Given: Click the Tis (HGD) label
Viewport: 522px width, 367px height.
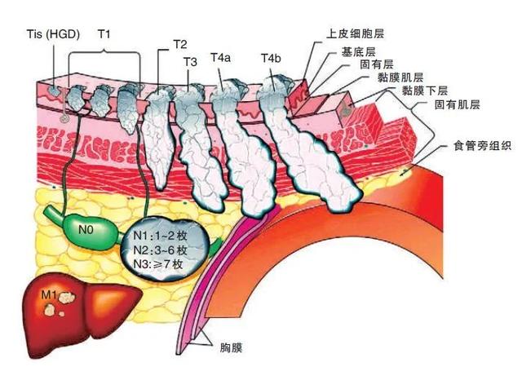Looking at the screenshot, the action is click(x=53, y=34).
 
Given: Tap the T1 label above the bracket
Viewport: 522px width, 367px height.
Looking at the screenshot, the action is click(x=104, y=34).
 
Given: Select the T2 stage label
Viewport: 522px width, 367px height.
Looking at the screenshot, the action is click(x=180, y=45).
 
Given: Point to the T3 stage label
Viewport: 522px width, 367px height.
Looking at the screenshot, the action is click(x=190, y=62).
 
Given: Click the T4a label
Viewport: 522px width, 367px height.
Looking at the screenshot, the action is click(x=220, y=58).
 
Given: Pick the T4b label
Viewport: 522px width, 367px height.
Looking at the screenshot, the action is click(x=271, y=58).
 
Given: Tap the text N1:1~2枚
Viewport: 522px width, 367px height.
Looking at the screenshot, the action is click(x=160, y=236).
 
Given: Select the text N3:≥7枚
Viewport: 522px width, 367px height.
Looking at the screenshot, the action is click(x=158, y=264).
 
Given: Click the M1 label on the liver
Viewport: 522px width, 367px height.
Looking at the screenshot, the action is click(x=49, y=294).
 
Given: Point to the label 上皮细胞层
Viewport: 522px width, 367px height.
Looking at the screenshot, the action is click(x=356, y=34).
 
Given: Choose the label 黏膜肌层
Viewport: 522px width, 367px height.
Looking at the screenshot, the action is click(x=400, y=77).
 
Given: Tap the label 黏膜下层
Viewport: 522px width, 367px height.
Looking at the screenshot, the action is click(x=425, y=91).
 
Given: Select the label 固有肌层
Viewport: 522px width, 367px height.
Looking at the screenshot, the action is click(x=458, y=105).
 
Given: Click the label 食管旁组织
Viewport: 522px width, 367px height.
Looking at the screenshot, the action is click(x=482, y=145).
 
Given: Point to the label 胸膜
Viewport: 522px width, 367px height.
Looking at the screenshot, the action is click(x=231, y=348).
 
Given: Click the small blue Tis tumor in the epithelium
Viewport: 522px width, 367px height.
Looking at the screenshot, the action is click(x=54, y=91).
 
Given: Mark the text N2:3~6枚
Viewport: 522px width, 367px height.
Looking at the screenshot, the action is click(x=160, y=250).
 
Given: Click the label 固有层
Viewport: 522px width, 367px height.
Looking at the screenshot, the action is click(x=377, y=64).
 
